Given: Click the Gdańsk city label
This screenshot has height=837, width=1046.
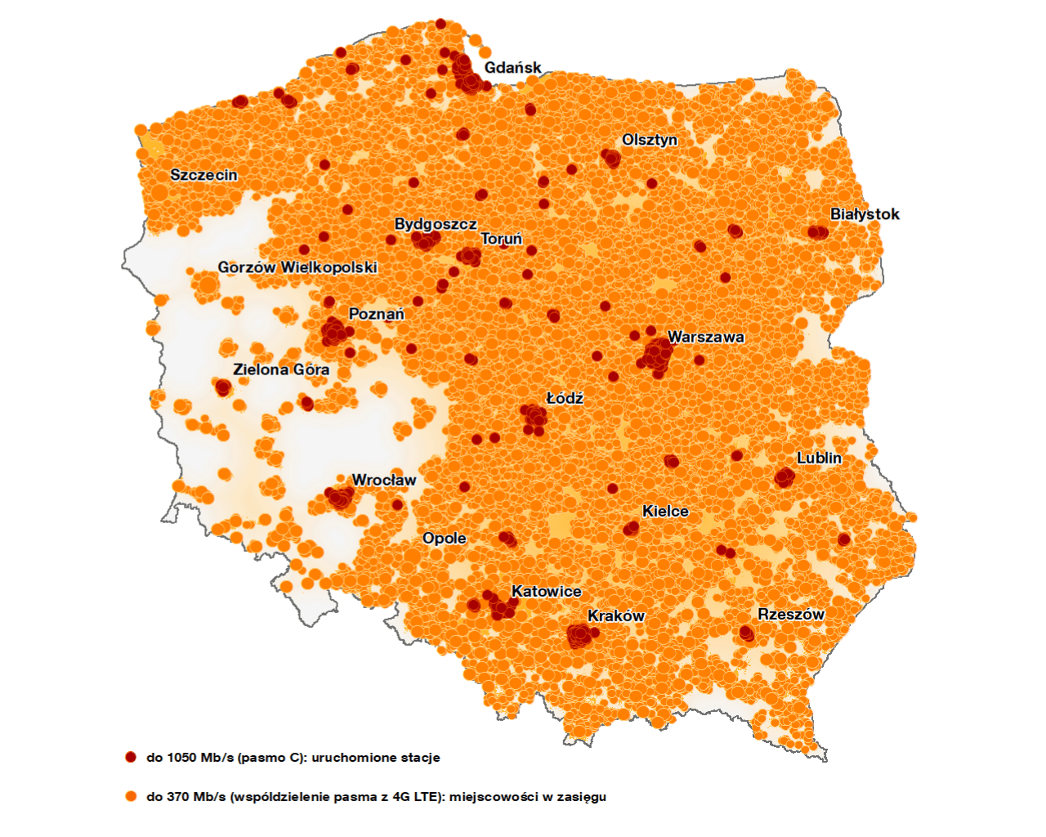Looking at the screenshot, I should pyautogui.click(x=512, y=68).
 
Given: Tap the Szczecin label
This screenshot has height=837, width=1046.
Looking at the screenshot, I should pyautogui.click(x=203, y=175).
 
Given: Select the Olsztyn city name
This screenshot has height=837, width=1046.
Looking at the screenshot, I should pyautogui.click(x=650, y=140).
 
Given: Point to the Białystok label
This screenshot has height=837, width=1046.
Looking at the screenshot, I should pyautogui.click(x=865, y=214).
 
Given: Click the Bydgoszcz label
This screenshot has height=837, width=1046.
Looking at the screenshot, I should pyautogui.click(x=436, y=224).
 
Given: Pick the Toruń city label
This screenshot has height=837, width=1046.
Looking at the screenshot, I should pyautogui.click(x=501, y=239).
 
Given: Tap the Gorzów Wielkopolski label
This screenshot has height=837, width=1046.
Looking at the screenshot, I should pyautogui.click(x=297, y=267).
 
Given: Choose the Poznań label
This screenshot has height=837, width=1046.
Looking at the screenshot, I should pyautogui.click(x=376, y=314).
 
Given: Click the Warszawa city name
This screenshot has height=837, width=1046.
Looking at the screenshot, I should pyautogui.click(x=706, y=337).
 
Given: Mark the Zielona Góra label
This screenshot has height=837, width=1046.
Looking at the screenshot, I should pyautogui.click(x=281, y=369).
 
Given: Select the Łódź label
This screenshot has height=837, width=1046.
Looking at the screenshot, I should pyautogui.click(x=565, y=398).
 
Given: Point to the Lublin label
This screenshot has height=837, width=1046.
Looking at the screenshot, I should pyautogui.click(x=819, y=458).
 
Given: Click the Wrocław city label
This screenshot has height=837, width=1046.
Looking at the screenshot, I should pyautogui.click(x=384, y=480).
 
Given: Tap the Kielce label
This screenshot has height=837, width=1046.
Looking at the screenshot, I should pyautogui.click(x=665, y=511).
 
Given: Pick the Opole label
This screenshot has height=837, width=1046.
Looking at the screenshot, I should pyautogui.click(x=445, y=538).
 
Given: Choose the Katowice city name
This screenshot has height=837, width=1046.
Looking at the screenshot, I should pyautogui.click(x=547, y=591).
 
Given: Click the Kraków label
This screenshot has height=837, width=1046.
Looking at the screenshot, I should pyautogui.click(x=616, y=615).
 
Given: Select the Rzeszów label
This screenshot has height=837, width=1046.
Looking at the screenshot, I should pyautogui.click(x=791, y=614).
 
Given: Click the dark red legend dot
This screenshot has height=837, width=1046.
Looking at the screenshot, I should pyautogui.click(x=131, y=757).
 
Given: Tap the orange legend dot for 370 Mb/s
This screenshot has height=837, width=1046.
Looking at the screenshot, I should pyautogui.click(x=131, y=796).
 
